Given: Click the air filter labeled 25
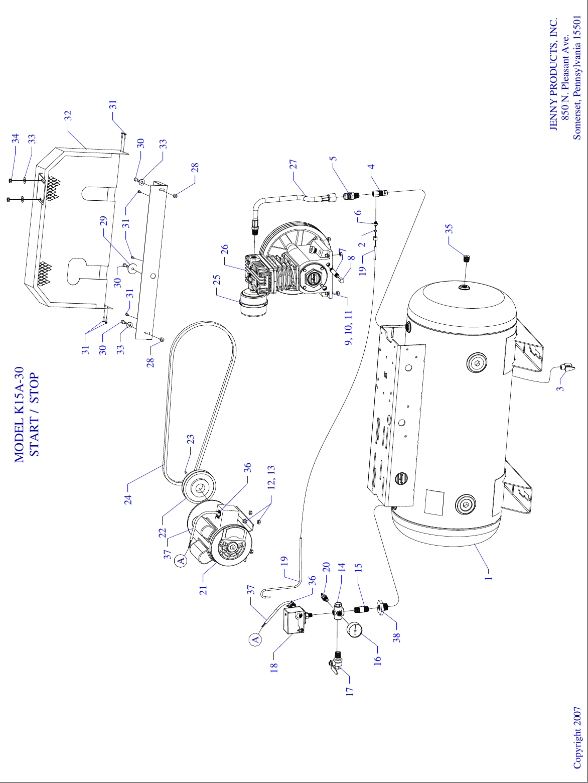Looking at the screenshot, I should click(253, 303).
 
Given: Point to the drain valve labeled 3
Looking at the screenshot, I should click(567, 369).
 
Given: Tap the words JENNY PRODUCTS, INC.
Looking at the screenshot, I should click(553, 75).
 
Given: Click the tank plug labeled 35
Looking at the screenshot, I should click(466, 259).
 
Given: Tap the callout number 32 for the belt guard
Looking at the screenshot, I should click(68, 115).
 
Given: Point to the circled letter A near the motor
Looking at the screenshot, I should click(181, 559).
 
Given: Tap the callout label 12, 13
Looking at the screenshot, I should click(271, 477).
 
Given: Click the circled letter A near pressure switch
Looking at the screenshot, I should click(255, 639).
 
